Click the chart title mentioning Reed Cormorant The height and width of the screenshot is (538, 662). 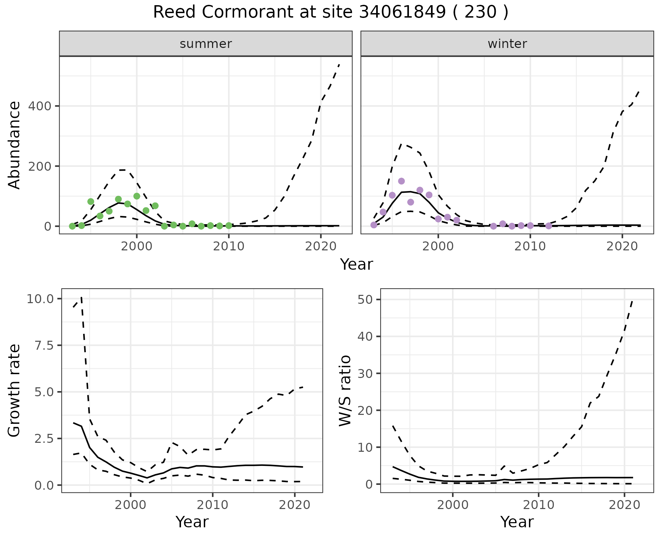point(330,12)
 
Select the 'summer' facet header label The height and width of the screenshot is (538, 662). point(206,44)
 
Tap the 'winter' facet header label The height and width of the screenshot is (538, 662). point(507,44)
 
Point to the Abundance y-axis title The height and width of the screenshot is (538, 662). point(14,145)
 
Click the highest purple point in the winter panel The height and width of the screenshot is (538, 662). point(401,181)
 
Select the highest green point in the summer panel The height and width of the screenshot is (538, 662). point(137,196)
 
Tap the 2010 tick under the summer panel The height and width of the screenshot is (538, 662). point(229,246)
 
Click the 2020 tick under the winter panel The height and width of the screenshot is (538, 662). point(622,246)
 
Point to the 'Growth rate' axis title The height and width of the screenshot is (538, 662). point(14,391)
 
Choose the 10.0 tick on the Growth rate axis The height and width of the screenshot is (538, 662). point(40,299)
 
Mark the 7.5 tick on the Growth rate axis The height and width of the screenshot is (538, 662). point(44,346)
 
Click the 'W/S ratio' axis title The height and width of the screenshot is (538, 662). point(345,391)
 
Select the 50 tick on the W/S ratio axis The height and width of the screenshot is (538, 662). point(365,299)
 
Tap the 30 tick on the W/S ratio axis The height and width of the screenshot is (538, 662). point(365,373)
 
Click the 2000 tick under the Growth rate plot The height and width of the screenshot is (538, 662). point(130,505)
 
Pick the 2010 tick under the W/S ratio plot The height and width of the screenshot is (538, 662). point(539,505)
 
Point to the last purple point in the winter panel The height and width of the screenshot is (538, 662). point(549,226)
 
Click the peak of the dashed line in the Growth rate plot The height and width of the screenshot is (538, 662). point(81,297)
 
